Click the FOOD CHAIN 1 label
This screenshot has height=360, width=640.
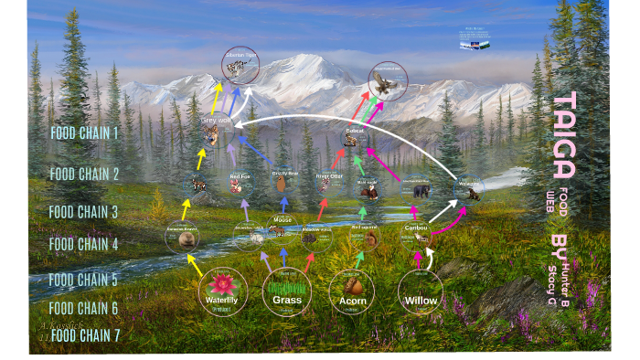click(97, 133)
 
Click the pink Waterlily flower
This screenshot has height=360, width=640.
click(222, 283)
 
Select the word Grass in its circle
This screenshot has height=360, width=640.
click(286, 299)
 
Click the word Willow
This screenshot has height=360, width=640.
click(421, 299)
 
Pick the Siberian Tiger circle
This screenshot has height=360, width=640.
click(241, 65)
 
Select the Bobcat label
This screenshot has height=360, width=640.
click(355, 131)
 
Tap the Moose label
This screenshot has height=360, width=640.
click(283, 219)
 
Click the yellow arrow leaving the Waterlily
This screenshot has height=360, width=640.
click(193, 265)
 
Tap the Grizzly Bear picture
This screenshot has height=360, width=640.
click(282, 184)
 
